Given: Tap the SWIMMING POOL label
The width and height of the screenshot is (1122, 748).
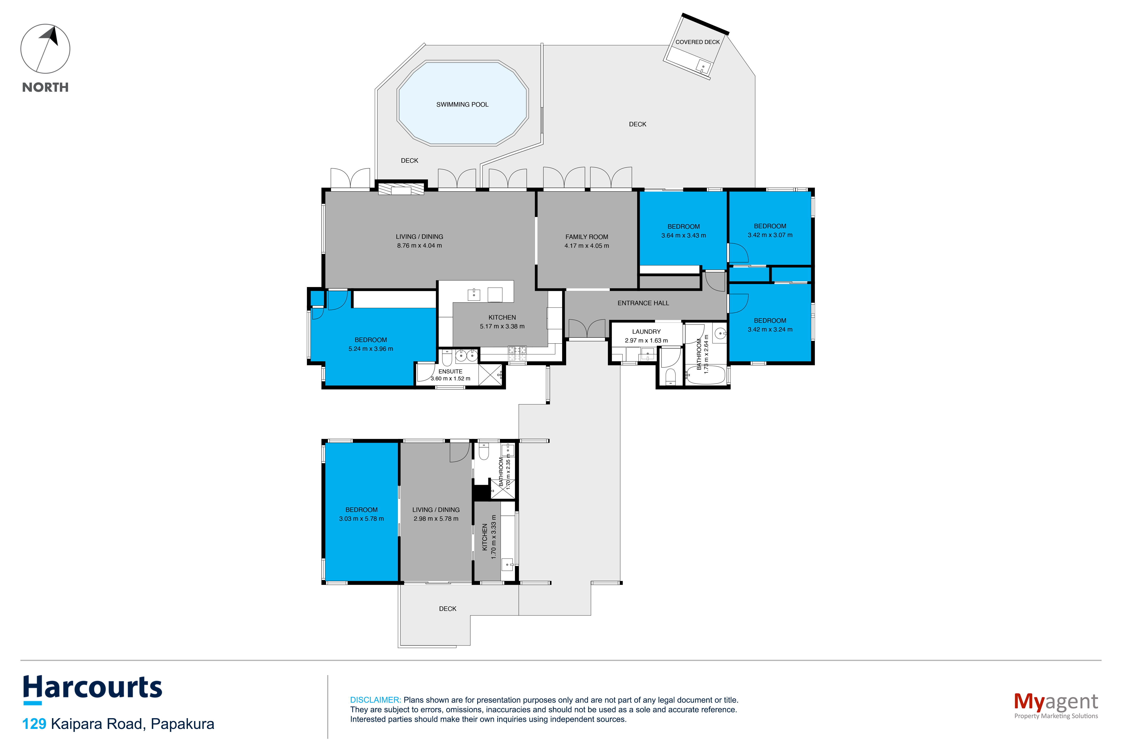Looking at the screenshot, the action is click(x=462, y=105).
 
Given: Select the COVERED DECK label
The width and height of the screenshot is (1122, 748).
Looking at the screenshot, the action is click(x=697, y=42).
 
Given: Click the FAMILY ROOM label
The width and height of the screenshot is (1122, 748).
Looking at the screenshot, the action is click(x=587, y=237).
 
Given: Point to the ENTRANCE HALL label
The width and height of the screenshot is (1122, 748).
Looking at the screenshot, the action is click(x=643, y=303).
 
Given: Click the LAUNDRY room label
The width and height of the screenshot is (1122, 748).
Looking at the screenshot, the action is click(x=646, y=331).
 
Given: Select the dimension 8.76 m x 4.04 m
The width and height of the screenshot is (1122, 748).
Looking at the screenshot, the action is click(x=419, y=246).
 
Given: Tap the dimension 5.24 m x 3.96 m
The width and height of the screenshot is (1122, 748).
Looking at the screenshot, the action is click(x=371, y=349).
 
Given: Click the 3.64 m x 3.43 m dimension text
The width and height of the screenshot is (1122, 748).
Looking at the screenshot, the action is click(x=684, y=235).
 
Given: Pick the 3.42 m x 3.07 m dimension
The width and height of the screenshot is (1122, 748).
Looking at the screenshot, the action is click(x=770, y=235).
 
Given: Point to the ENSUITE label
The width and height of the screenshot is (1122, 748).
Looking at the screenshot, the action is click(x=450, y=371).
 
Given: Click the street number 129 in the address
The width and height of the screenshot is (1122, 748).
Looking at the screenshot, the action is click(x=34, y=724).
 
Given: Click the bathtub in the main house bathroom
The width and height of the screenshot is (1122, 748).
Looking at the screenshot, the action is click(x=706, y=375).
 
